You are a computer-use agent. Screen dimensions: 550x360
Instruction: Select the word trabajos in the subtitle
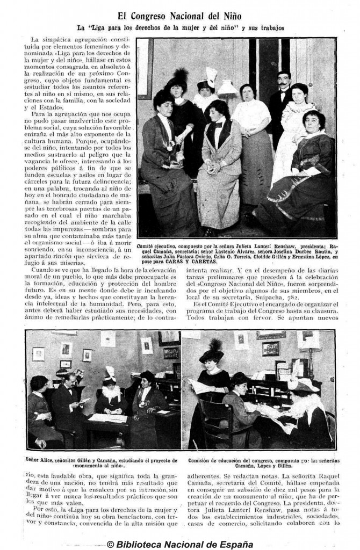(269, 27)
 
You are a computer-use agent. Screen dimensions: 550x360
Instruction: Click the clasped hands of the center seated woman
(213, 167)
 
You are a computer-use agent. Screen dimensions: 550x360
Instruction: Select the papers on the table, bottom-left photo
(108, 418)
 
